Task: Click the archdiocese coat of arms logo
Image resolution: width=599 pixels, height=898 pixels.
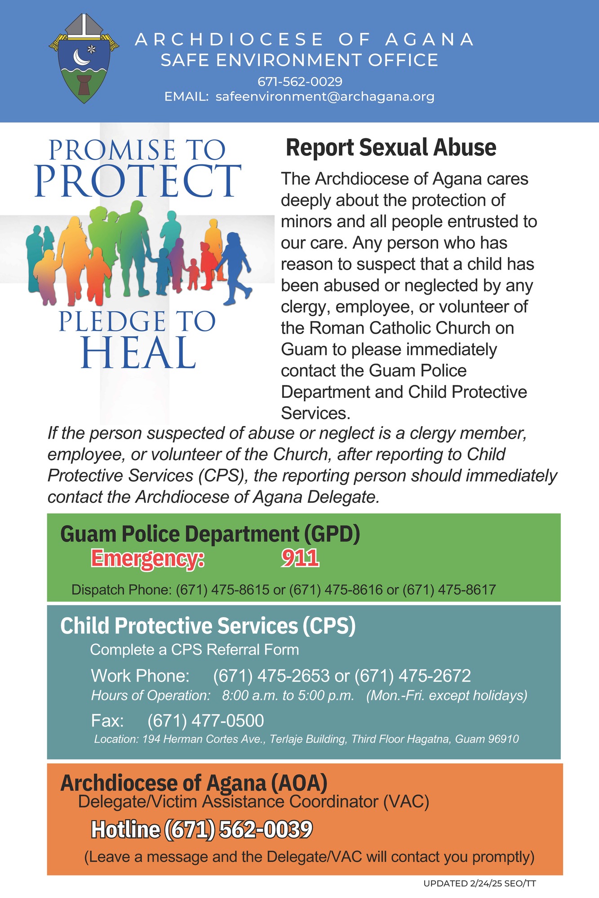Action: click(84, 58)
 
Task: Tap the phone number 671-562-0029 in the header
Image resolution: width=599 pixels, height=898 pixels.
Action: click(300, 82)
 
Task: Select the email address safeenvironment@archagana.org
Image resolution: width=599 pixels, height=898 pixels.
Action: click(325, 97)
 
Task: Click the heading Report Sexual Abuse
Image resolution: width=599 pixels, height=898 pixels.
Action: click(391, 148)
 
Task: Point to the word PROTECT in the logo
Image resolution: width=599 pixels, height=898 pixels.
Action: click(138, 180)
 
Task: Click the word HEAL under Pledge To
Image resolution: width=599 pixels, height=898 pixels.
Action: click(138, 353)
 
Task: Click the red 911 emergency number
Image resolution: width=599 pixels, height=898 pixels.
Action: click(300, 558)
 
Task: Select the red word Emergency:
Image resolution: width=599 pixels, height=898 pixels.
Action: click(148, 559)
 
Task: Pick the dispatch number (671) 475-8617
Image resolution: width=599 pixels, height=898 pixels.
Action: click(449, 590)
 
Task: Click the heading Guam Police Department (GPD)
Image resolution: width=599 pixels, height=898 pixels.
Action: click(210, 534)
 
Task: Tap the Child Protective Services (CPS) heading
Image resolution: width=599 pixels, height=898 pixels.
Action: click(208, 626)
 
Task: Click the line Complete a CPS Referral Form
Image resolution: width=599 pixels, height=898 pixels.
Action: click(195, 650)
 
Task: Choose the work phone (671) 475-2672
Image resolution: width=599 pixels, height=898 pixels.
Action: click(413, 676)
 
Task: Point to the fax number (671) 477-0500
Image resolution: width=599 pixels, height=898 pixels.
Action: click(206, 721)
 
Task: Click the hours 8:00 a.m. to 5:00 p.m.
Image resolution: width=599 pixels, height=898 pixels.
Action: click(288, 696)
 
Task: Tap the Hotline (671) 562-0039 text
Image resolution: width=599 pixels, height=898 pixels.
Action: click(202, 829)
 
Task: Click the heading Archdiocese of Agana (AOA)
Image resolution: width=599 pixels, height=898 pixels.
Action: click(194, 783)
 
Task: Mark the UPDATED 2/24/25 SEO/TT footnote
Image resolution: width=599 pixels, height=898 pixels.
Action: click(480, 884)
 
